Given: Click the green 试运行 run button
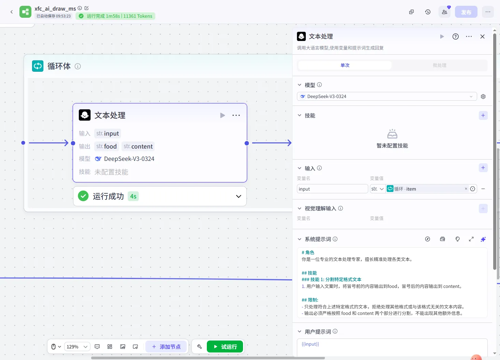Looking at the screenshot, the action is [x=225, y=346].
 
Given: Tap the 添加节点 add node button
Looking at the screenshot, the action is [x=166, y=346].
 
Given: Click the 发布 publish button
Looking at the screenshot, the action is [x=466, y=12].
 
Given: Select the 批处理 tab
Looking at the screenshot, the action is [x=439, y=65].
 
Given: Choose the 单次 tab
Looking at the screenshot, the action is [x=345, y=65].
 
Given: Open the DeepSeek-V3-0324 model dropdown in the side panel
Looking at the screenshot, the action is [x=387, y=96].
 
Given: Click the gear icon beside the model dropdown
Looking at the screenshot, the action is [x=483, y=96].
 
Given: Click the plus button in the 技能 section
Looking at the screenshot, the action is [x=483, y=115].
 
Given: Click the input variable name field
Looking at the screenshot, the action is [x=332, y=189].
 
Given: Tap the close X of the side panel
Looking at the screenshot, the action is [x=482, y=37].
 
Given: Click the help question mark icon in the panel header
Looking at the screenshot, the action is [x=455, y=37].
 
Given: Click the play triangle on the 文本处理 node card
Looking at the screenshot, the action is [x=222, y=115].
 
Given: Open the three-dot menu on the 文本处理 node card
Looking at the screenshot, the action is [x=236, y=115].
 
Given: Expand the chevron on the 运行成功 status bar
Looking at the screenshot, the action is [x=238, y=196].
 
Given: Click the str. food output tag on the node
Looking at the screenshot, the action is [x=106, y=146].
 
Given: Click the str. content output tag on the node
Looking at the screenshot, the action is [x=138, y=146].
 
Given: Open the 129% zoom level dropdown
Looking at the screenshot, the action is [x=77, y=347].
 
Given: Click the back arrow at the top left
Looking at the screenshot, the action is [x=12, y=12].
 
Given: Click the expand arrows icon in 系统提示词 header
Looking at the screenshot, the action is [x=471, y=239].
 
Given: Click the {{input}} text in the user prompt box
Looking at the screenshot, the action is [x=310, y=344].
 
